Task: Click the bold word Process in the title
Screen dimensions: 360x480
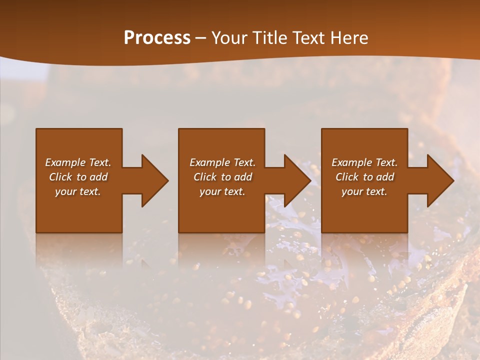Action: pos(157,38)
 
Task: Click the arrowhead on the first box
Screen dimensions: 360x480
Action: pos(154,180)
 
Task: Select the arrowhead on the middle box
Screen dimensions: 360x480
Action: pos(296,180)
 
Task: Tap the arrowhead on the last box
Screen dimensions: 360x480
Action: pos(439,180)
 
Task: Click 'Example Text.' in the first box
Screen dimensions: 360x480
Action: pos(78,162)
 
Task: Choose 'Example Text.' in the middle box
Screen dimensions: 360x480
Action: pos(222,162)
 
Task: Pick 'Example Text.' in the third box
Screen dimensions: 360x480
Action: pos(364,162)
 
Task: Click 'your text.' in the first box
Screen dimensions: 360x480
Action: pos(78,191)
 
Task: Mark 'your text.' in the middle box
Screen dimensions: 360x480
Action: pos(222,191)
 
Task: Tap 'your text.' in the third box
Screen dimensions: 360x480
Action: pos(364,191)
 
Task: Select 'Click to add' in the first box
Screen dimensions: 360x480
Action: pos(78,177)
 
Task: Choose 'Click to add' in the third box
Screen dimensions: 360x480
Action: pos(365,177)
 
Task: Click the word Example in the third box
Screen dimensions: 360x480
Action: pos(352,162)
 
